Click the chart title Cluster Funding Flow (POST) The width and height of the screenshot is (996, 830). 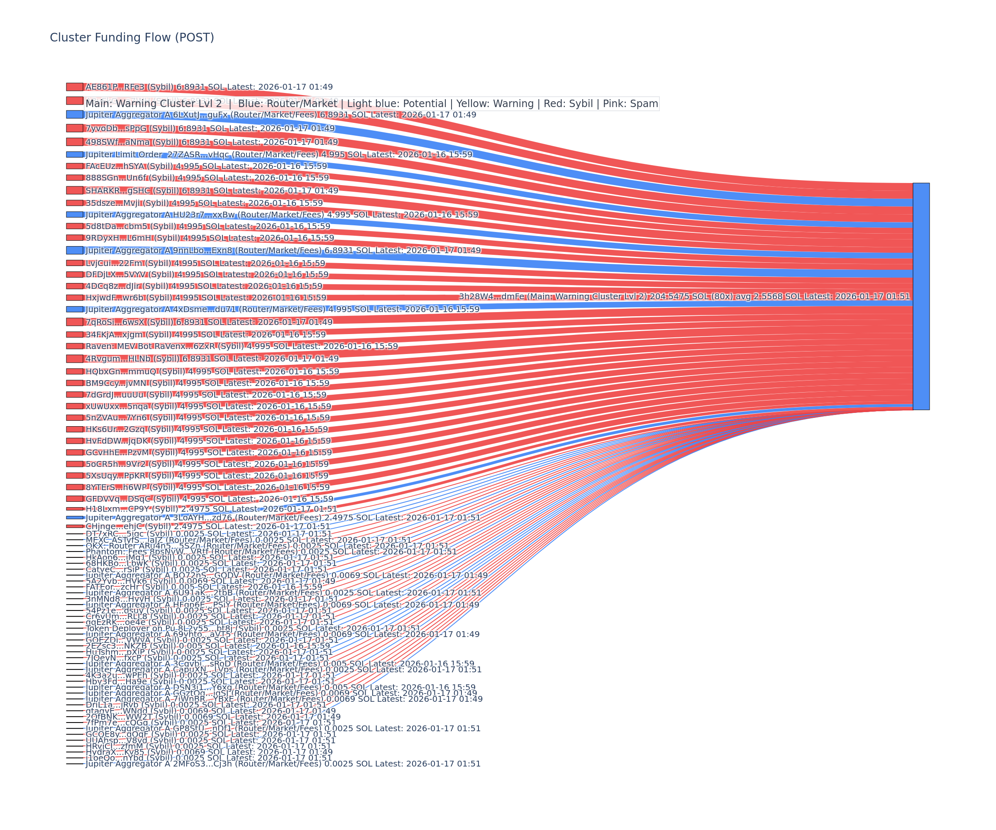click(x=132, y=37)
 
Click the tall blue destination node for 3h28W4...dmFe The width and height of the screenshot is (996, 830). click(x=920, y=296)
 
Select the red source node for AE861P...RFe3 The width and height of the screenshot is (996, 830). click(x=74, y=87)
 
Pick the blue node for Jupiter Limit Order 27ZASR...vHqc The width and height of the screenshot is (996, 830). click(x=74, y=155)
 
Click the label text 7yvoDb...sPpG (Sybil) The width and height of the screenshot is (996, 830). click(x=130, y=129)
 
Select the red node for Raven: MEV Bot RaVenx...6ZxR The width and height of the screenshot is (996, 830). click(x=74, y=346)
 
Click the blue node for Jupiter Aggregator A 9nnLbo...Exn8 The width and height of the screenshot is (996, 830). click(x=74, y=250)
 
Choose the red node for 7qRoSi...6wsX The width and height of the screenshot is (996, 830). click(x=74, y=322)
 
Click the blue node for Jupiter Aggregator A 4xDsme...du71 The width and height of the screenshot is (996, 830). click(x=74, y=309)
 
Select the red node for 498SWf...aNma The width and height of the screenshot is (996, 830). click(x=74, y=142)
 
